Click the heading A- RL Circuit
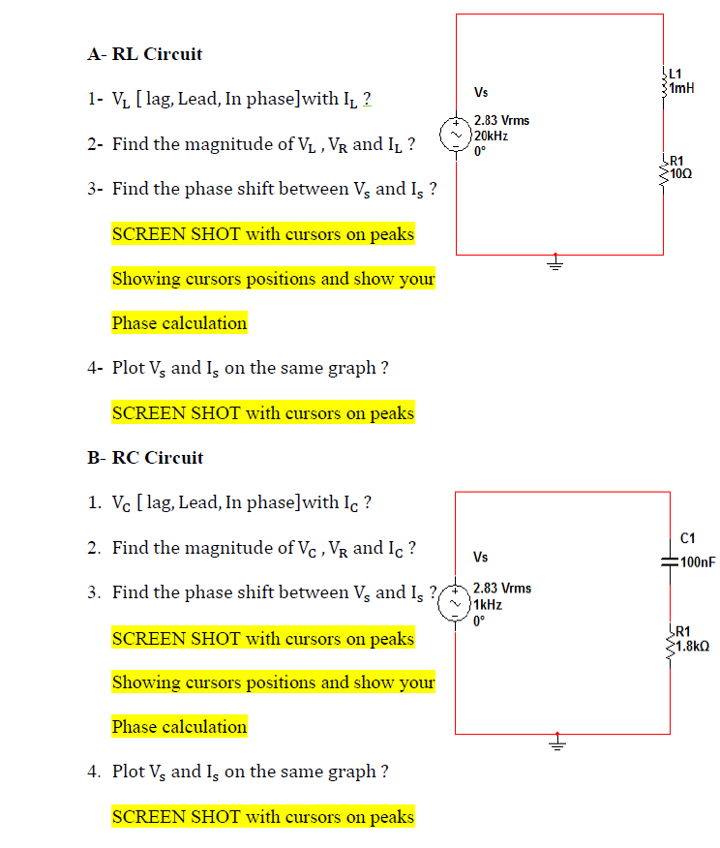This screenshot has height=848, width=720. click(x=144, y=54)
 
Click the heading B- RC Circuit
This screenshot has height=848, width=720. click(x=145, y=458)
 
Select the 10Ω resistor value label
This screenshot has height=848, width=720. click(x=681, y=173)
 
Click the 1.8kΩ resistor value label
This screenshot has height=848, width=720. click(x=694, y=646)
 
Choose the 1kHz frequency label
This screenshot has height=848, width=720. click(x=489, y=604)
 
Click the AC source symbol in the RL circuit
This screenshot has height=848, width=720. click(x=456, y=136)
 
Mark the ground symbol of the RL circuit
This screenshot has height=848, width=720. click(x=555, y=262)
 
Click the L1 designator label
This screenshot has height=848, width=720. click(x=675, y=73)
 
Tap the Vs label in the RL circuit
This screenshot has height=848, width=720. click(x=481, y=93)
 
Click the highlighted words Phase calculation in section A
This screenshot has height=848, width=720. click(x=179, y=323)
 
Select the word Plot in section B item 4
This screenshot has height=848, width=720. click(x=129, y=772)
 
